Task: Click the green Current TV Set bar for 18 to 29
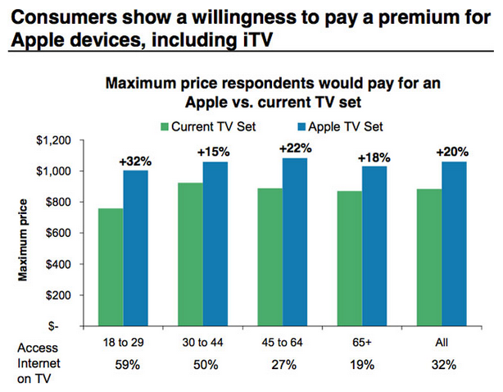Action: point(111,267)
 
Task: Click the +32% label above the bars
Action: point(136,162)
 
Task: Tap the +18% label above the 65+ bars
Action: point(374,158)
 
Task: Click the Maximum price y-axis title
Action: point(25,235)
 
